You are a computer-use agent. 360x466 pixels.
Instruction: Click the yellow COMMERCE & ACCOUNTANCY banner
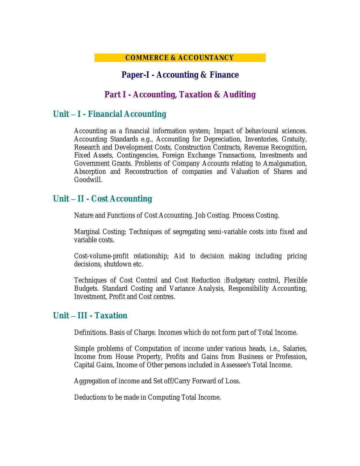point(180,58)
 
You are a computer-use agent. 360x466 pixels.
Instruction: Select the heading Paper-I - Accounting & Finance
point(180,75)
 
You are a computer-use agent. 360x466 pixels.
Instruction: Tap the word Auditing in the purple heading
point(239,95)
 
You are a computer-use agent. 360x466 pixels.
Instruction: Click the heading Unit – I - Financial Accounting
point(110,114)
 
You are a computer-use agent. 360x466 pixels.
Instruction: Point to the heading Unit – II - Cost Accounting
point(102,199)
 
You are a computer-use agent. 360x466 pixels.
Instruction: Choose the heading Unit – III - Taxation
point(90,316)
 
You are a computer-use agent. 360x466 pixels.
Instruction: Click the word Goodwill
point(88,180)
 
